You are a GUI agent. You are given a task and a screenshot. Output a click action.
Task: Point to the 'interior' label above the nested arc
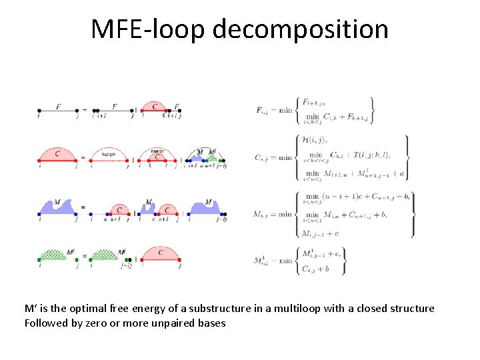tap(157, 151)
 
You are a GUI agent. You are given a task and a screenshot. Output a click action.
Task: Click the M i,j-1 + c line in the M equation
tap(319, 233)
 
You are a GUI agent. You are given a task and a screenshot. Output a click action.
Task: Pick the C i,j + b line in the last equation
tap(317, 268)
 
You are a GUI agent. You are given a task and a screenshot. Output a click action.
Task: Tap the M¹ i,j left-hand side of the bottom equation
tap(262, 260)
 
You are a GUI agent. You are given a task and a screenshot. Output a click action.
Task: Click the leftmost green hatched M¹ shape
tap(57, 255)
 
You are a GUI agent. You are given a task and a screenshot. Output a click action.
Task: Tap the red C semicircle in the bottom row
tap(161, 255)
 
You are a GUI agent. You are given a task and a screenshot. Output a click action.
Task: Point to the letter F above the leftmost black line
tap(59, 105)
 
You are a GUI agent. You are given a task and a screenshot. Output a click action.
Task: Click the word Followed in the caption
tap(47, 323)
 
